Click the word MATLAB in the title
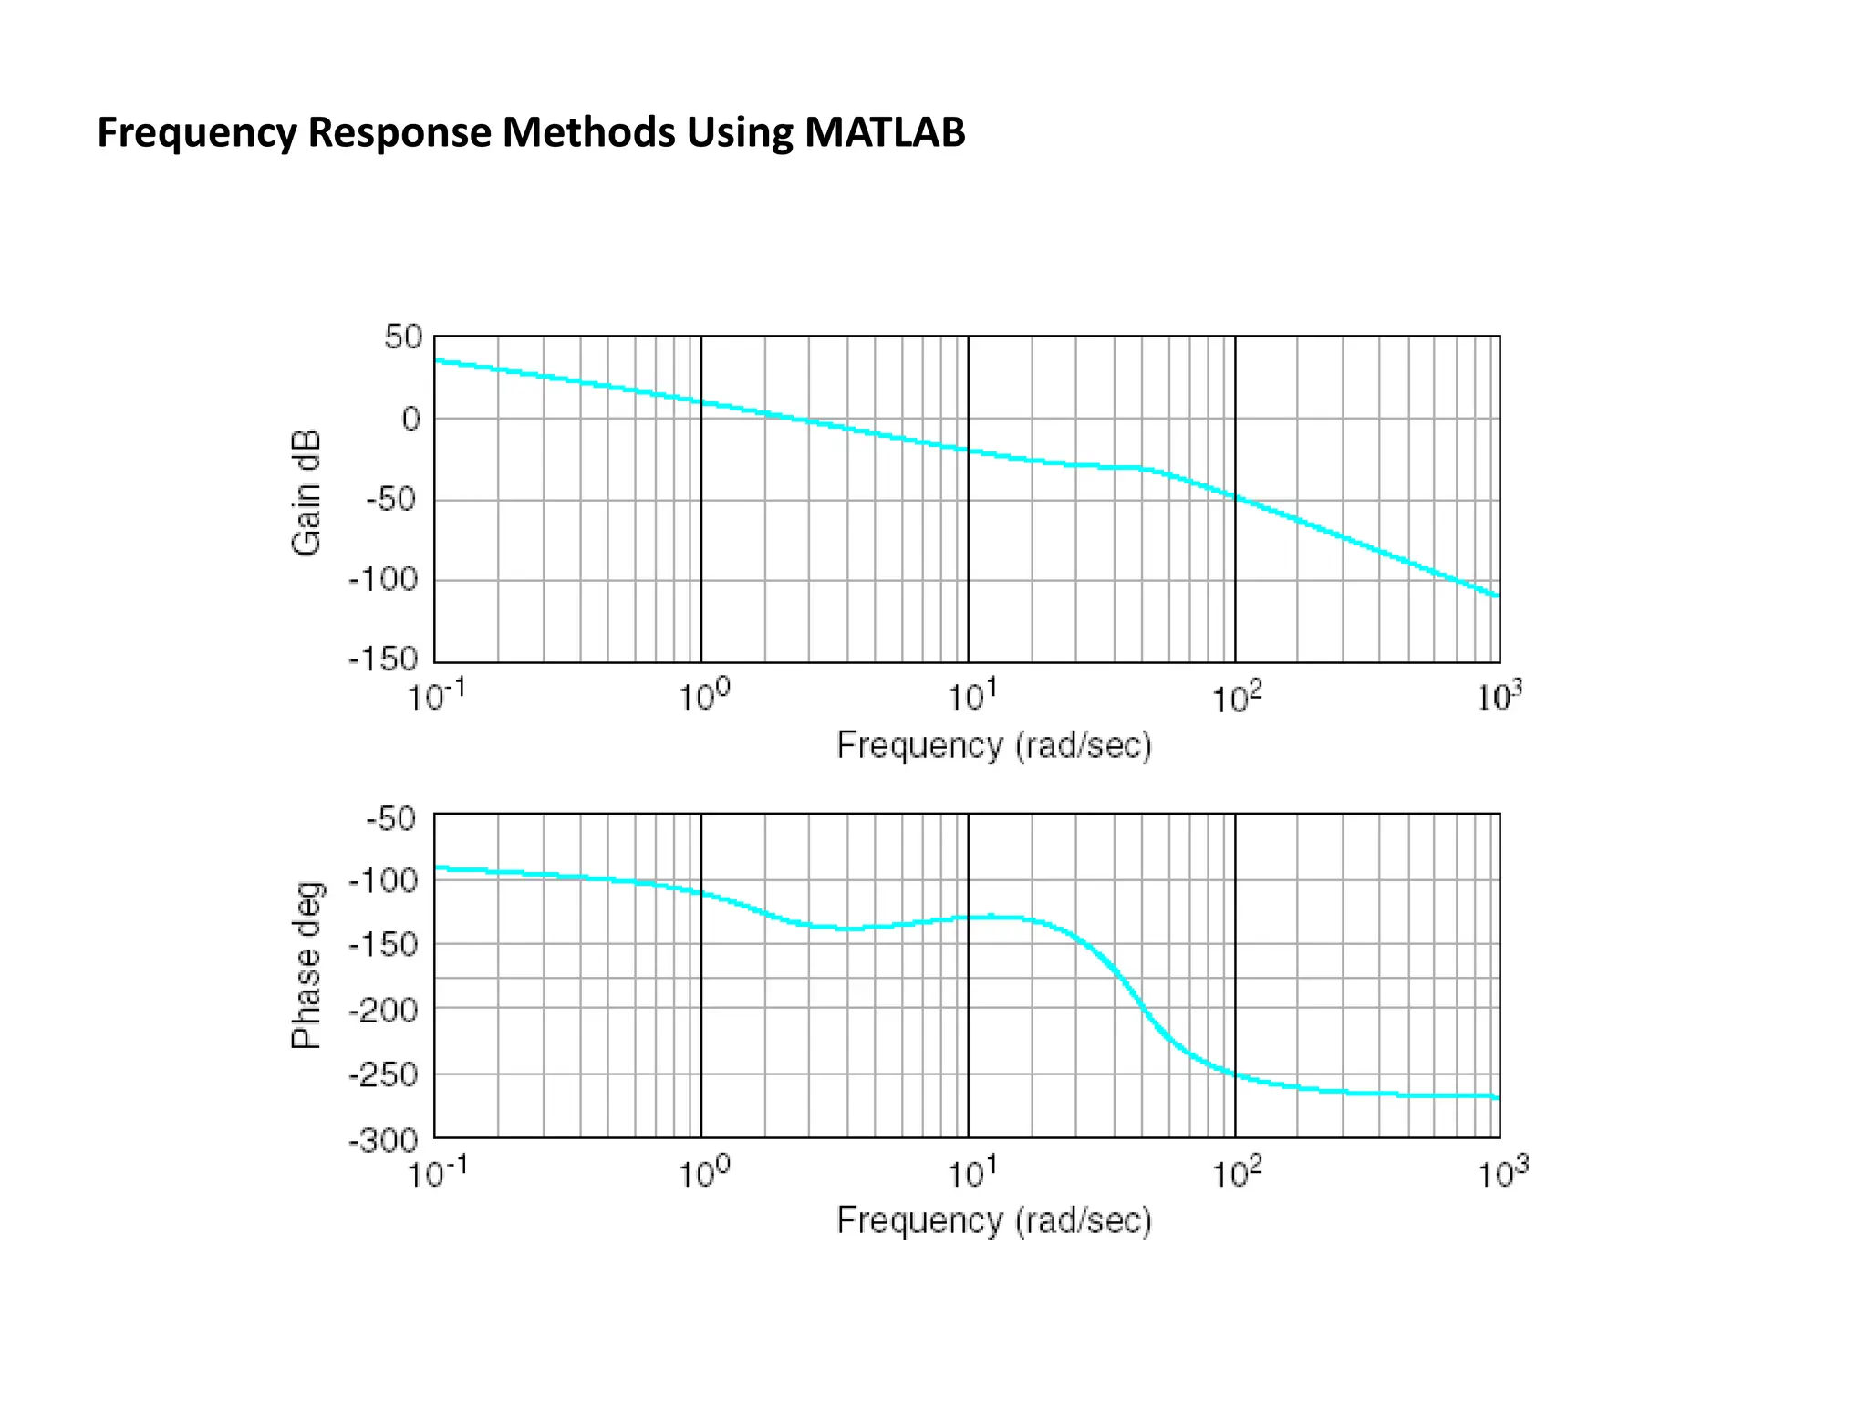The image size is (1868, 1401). pyautogui.click(x=884, y=132)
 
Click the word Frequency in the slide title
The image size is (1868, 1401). pyautogui.click(x=197, y=132)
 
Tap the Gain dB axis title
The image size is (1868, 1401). pyautogui.click(x=306, y=493)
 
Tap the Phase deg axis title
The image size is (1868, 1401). pyautogui.click(x=306, y=965)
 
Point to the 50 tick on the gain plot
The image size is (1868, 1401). pyautogui.click(x=402, y=337)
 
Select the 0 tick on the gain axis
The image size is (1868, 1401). pyautogui.click(x=410, y=419)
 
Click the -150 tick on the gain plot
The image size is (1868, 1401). pyautogui.click(x=383, y=659)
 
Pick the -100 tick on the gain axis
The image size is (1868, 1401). pyautogui.click(x=383, y=579)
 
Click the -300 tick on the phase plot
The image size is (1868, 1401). pyautogui.click(x=383, y=1140)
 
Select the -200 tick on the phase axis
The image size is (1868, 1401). pyautogui.click(x=383, y=1010)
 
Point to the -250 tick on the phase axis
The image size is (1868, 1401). pyautogui.click(x=383, y=1074)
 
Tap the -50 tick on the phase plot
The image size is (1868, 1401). pyautogui.click(x=391, y=818)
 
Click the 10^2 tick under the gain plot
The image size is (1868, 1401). pyautogui.click(x=1236, y=699)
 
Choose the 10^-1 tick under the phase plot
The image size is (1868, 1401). pyautogui.click(x=436, y=1173)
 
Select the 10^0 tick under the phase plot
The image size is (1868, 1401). pyautogui.click(x=702, y=1173)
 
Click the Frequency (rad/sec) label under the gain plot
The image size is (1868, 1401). pyautogui.click(x=994, y=745)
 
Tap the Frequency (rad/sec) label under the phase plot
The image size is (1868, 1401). pyautogui.click(x=994, y=1219)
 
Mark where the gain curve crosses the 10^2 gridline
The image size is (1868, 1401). pyautogui.click(x=1235, y=497)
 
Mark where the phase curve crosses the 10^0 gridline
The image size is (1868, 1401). pyautogui.click(x=701, y=893)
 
